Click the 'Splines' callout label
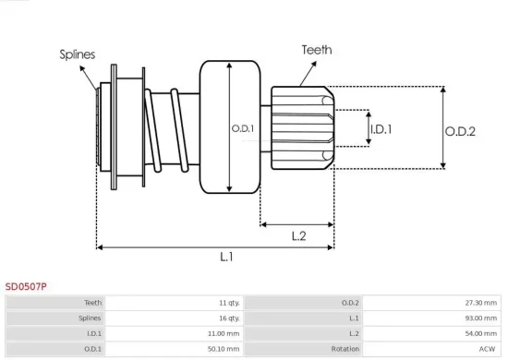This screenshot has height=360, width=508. [79, 54]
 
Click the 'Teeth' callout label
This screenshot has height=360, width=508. [316, 50]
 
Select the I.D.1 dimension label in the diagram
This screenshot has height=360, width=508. [381, 129]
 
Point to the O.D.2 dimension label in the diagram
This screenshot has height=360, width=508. [460, 132]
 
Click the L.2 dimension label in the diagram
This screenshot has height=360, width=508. [298, 236]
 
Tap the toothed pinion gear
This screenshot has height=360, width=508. [300, 127]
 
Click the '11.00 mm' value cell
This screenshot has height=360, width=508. [224, 333]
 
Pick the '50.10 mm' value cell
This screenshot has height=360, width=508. [224, 349]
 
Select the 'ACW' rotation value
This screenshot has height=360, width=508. [489, 349]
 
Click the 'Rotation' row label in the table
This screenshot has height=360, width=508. [345, 349]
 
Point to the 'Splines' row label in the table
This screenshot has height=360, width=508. [91, 318]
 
